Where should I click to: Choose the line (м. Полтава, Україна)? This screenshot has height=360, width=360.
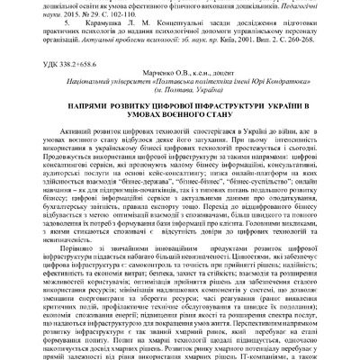188,93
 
